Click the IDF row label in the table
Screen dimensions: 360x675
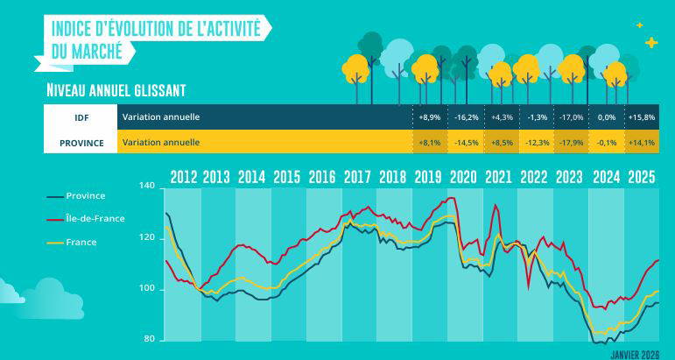click(x=81, y=116)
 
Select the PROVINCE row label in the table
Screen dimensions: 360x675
click(x=81, y=141)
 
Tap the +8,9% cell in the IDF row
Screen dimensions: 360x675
click(x=429, y=116)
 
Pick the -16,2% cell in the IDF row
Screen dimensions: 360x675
click(x=466, y=116)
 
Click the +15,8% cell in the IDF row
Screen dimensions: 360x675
click(x=641, y=116)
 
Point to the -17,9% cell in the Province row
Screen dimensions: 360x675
click(x=572, y=142)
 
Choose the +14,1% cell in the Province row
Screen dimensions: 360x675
click(x=641, y=142)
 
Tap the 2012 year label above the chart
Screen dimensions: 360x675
click(x=183, y=174)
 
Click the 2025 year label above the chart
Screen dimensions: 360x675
click(x=641, y=174)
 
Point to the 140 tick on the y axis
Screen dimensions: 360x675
click(x=146, y=187)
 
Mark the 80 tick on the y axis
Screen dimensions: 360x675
click(x=149, y=339)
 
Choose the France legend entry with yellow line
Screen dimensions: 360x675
click(x=81, y=241)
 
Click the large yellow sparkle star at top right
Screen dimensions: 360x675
click(x=650, y=42)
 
